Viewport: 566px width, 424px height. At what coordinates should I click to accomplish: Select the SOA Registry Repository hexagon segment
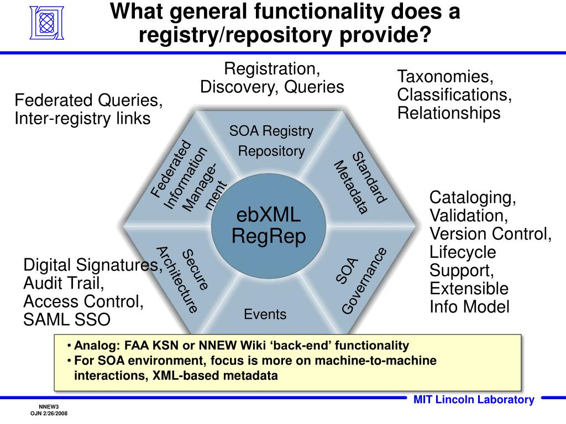tap(271, 141)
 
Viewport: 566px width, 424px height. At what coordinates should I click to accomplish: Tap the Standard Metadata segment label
tap(360, 182)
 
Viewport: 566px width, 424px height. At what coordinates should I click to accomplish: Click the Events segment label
tap(265, 315)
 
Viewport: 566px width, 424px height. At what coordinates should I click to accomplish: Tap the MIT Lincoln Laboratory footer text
tap(474, 400)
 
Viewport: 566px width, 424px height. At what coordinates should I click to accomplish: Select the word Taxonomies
tap(444, 76)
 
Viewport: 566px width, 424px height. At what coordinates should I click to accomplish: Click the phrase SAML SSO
tap(67, 320)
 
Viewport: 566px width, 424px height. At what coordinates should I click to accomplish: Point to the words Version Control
tap(490, 234)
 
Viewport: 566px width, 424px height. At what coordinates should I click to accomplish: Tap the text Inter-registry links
tap(82, 118)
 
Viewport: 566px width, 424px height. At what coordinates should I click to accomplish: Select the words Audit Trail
tap(64, 283)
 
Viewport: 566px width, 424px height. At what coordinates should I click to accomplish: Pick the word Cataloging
tap(473, 197)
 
